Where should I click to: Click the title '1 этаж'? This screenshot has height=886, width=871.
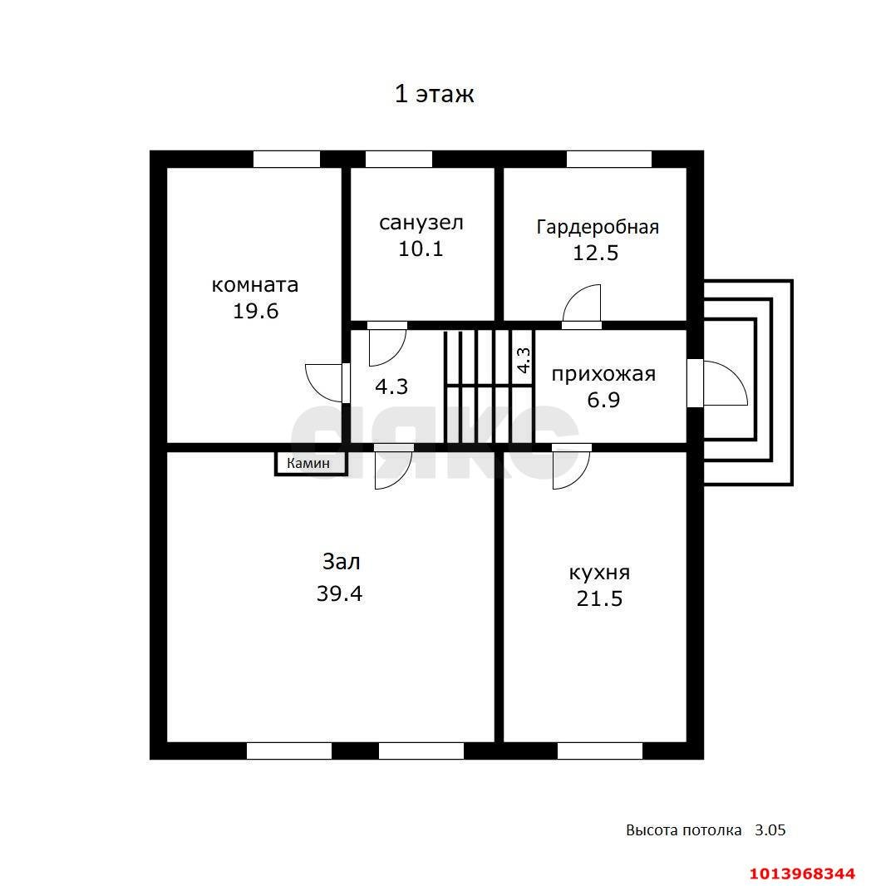click(434, 94)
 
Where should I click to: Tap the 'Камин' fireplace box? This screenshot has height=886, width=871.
click(310, 464)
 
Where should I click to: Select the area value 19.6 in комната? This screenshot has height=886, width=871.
click(255, 311)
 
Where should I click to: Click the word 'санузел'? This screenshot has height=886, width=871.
click(421, 223)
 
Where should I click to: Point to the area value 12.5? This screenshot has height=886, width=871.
click(595, 253)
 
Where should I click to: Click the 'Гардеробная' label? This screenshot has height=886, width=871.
click(597, 227)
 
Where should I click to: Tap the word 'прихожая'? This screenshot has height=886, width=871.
click(603, 374)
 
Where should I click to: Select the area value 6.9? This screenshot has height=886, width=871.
click(603, 400)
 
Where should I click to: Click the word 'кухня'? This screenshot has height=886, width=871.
click(598, 573)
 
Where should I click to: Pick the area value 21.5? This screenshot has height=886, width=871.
click(599, 598)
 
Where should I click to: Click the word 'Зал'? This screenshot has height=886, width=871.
click(341, 562)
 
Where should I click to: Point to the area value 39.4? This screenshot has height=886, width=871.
click(339, 593)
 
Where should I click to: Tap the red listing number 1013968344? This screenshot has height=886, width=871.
click(802, 874)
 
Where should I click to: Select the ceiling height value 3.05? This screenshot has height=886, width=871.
click(770, 829)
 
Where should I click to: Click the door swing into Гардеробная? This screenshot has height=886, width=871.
click(581, 304)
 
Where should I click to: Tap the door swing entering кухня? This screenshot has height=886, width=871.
click(570, 468)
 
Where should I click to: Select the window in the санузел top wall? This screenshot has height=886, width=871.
click(399, 159)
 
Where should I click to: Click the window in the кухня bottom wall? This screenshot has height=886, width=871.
click(599, 751)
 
